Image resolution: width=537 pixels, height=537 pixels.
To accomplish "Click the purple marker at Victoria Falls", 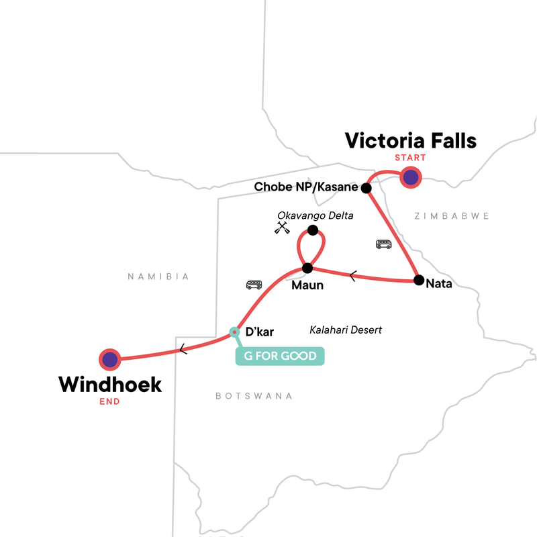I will [410, 178].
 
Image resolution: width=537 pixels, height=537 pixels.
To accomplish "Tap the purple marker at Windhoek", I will [109, 360].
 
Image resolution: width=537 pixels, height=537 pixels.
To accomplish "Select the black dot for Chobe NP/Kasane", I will [367, 188].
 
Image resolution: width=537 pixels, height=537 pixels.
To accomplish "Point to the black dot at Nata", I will [418, 280].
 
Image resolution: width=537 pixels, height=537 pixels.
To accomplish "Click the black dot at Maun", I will [307, 268].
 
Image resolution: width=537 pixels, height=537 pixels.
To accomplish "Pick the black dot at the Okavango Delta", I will [312, 230].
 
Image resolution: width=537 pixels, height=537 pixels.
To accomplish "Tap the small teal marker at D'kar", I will [234, 332].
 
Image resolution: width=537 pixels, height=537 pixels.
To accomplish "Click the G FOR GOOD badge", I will [279, 356].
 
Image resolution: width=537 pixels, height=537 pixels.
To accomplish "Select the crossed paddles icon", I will [282, 228].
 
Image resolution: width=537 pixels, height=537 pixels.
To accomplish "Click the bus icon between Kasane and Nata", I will [383, 244].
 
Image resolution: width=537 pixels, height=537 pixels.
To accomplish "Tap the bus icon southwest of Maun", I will [254, 285].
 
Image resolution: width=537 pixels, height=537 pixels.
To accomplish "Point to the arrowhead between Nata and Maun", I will [353, 274].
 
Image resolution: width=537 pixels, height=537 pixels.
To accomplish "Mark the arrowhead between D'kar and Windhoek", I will [182, 349].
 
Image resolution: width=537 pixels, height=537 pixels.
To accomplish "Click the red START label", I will [410, 158].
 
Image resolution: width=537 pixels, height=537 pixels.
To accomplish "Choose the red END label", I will [109, 402].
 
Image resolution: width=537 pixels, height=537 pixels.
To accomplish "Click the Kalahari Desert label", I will [346, 330].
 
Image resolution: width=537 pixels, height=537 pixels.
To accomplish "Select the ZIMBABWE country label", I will [451, 216].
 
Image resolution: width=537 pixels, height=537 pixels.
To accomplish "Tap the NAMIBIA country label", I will [159, 277].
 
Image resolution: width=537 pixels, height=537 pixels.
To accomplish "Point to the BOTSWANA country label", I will [254, 396].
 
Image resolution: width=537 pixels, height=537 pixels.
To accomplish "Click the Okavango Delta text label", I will [315, 215].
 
